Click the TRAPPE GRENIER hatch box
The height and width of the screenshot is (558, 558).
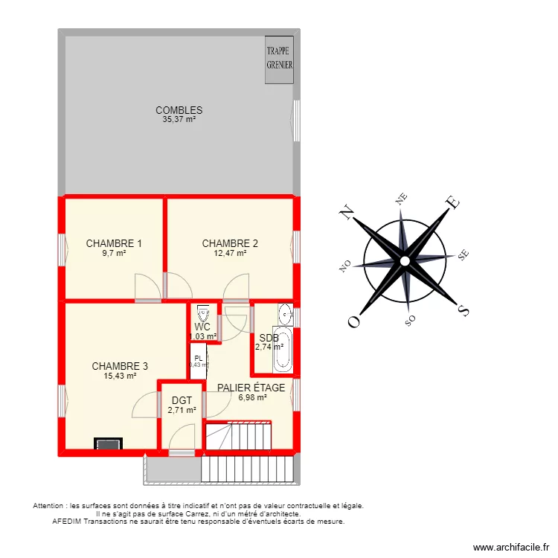[x=280, y=58]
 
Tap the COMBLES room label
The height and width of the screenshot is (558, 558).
[x=179, y=110]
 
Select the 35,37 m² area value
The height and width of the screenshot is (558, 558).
[x=179, y=119]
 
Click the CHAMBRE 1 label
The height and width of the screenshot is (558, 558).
[x=114, y=243]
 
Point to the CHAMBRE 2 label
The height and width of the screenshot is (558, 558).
[x=230, y=243]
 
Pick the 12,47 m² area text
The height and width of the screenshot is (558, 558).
[x=230, y=253]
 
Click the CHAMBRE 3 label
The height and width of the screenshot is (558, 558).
[x=120, y=366]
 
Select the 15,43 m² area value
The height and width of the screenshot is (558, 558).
[x=120, y=376]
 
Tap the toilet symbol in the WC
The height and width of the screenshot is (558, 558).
[x=202, y=314]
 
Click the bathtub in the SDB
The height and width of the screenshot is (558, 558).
[x=283, y=349]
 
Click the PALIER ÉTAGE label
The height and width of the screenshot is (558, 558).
[x=251, y=388]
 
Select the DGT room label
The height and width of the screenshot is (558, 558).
[x=182, y=400]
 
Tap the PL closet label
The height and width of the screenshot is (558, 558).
[x=199, y=358]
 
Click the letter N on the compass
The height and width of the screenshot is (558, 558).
[x=347, y=212]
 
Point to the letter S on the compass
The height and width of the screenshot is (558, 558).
[x=462, y=310]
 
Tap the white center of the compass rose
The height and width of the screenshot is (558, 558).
[x=404, y=261]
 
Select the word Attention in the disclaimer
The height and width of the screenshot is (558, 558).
[x=49, y=506]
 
